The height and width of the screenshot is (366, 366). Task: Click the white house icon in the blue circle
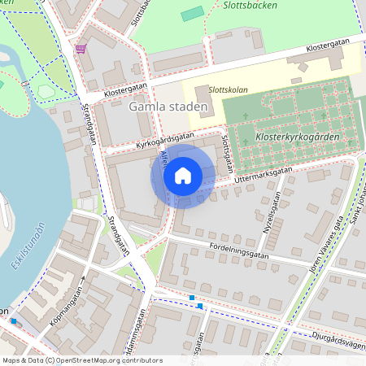[x=183, y=176]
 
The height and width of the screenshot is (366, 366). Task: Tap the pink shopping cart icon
[x=81, y=49]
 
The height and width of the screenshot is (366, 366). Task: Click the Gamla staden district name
[x=168, y=107]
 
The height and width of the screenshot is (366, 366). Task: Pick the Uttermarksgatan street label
[x=262, y=173]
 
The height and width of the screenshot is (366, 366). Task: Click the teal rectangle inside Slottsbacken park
[x=193, y=14]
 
